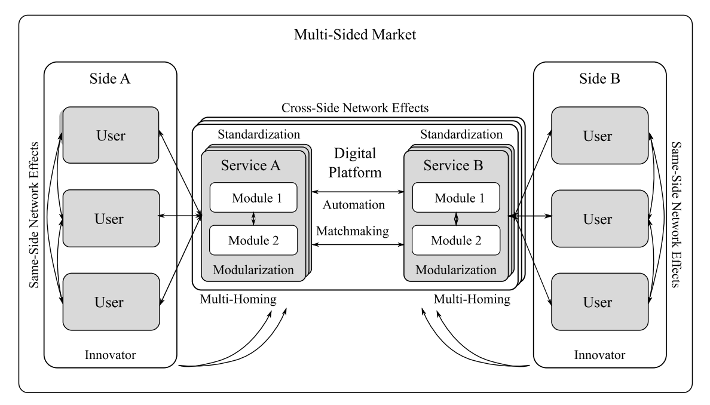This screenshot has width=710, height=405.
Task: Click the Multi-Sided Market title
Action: point(355,34)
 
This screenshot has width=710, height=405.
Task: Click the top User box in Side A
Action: point(111,136)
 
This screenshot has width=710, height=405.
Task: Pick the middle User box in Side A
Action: point(111,219)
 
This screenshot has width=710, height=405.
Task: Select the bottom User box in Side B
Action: point(598,301)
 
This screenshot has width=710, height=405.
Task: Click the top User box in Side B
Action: point(598,136)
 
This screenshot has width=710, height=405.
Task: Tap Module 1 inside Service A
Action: point(253,197)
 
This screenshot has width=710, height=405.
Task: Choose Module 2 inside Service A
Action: point(253,241)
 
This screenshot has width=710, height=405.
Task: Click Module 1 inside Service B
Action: point(457,197)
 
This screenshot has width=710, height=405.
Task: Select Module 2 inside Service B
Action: point(457,241)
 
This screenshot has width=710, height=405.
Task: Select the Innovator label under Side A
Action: point(111,355)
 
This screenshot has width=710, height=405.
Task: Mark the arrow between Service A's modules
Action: point(253,219)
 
